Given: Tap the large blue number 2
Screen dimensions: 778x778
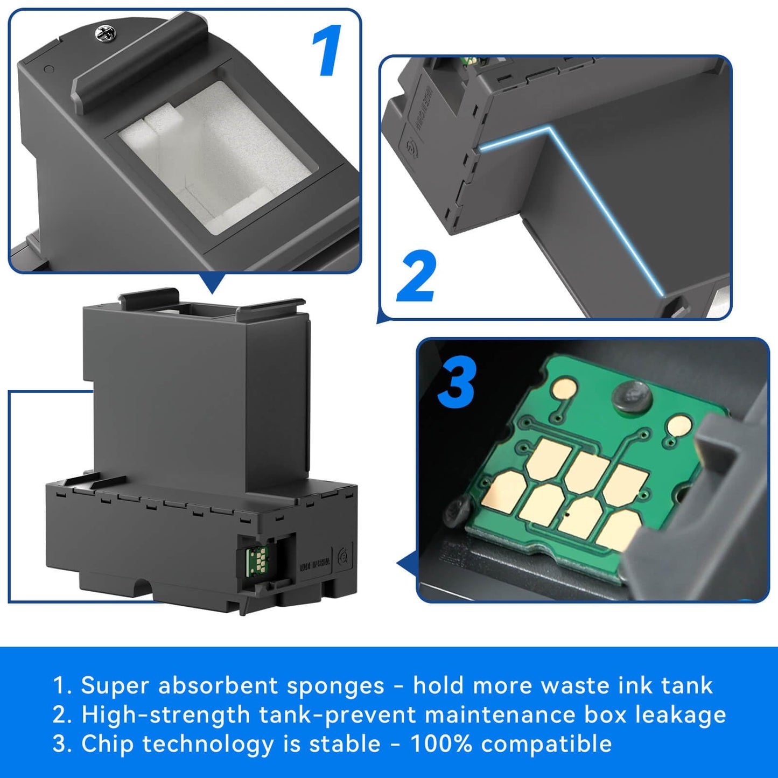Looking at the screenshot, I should point(416,276).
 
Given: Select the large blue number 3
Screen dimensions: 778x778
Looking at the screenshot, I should point(456,383).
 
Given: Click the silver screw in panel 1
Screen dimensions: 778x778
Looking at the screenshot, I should point(104,34).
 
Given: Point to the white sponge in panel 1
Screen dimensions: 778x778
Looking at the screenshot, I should point(215,156).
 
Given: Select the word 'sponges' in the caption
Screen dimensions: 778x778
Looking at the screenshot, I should point(335,686).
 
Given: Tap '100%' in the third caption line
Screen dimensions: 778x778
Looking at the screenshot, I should point(441,744).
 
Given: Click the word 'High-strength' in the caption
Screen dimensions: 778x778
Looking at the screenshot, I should point(166,715).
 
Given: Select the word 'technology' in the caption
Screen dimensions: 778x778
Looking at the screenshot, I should point(208,744).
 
